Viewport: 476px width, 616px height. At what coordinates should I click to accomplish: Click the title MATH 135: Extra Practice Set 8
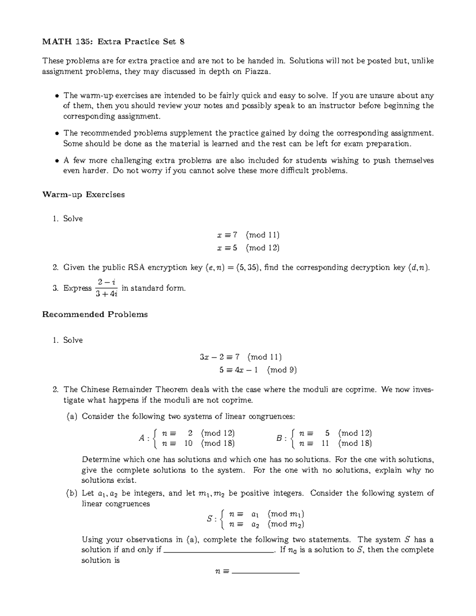coord(113,42)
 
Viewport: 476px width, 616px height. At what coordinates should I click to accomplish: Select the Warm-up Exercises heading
coord(83,195)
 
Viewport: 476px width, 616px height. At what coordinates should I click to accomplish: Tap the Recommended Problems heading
coord(95,315)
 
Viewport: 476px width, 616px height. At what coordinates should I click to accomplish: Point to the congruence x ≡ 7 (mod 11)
coord(248,235)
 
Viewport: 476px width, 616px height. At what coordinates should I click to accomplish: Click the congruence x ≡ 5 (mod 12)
coord(248,248)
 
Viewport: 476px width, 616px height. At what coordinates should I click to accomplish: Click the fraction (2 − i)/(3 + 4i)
coord(106,288)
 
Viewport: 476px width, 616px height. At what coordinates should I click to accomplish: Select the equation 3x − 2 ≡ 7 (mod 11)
coord(240,357)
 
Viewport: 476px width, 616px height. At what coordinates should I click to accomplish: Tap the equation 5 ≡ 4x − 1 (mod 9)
coord(258,370)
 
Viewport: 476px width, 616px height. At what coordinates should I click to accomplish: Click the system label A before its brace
coord(142,438)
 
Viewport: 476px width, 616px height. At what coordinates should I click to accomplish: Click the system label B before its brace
coord(280,438)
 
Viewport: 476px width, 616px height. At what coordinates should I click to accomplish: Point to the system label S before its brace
coord(210,519)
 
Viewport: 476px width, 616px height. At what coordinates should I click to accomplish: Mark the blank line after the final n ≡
coord(265,572)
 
